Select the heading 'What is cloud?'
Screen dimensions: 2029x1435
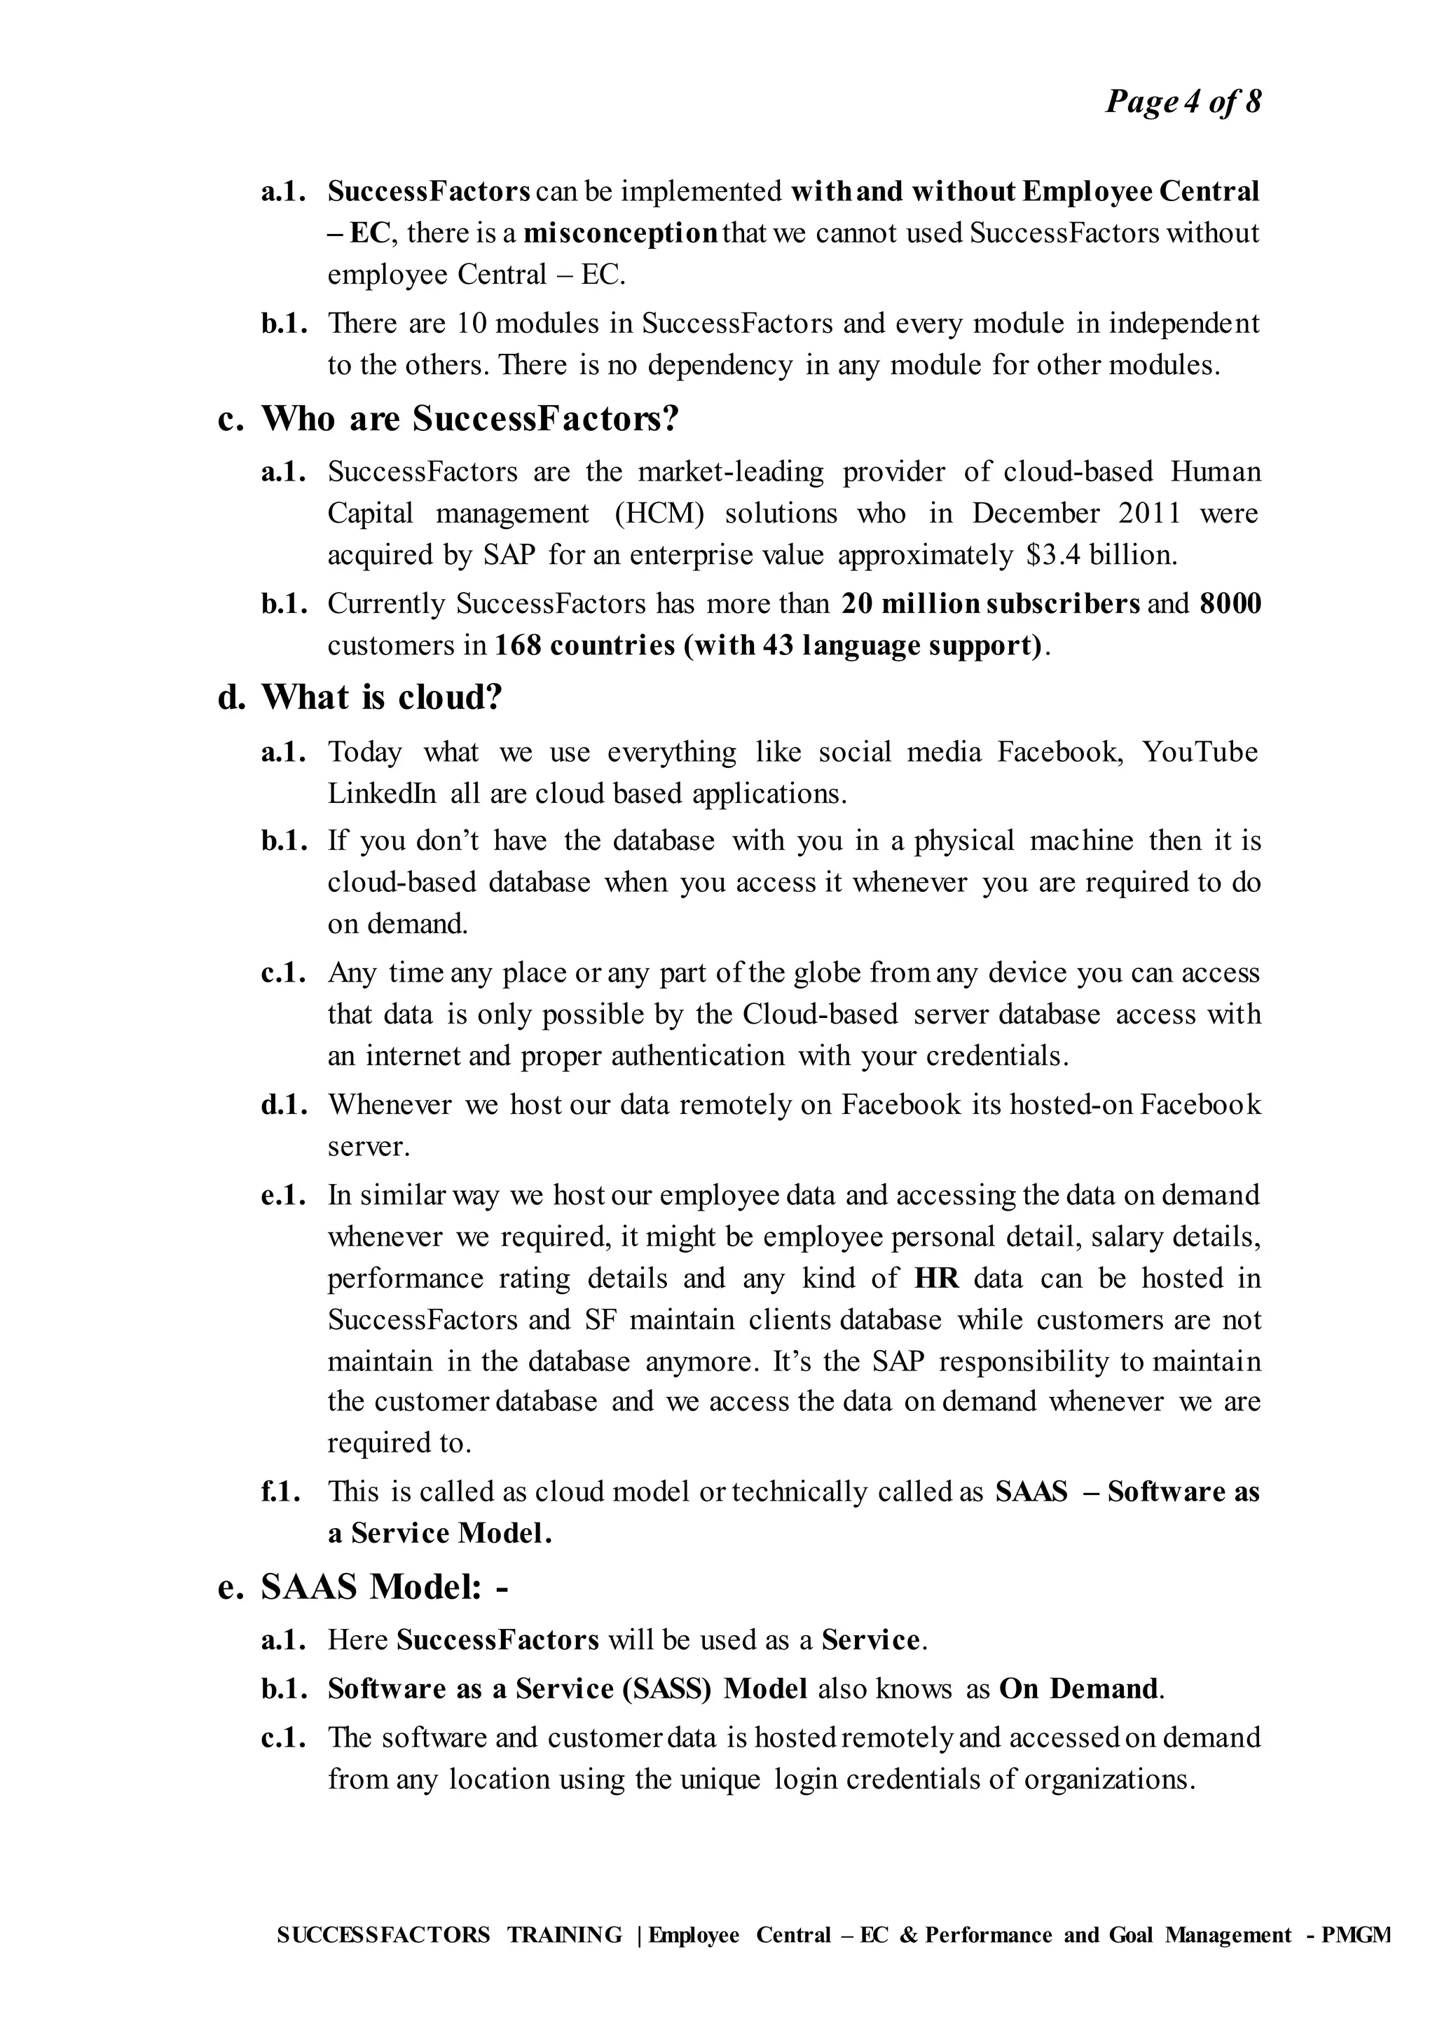(381, 698)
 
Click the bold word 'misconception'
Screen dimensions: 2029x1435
(620, 233)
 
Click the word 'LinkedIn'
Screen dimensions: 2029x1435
(382, 794)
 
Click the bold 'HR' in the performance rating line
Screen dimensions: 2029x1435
(937, 1278)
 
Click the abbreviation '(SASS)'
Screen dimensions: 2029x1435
(667, 1688)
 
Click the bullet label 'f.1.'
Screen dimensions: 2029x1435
(281, 1492)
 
